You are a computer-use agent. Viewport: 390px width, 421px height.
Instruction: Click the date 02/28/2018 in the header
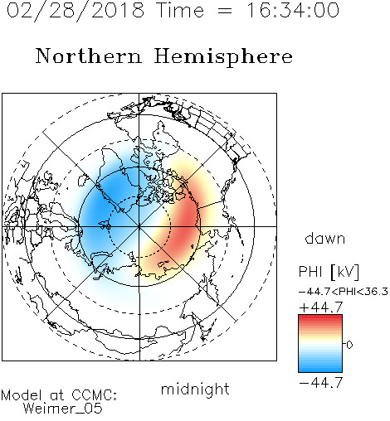pyautogui.click(x=76, y=11)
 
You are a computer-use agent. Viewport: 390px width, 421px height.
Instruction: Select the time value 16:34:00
pyautogui.click(x=293, y=10)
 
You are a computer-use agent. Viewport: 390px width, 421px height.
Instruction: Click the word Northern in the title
pyautogui.click(x=89, y=56)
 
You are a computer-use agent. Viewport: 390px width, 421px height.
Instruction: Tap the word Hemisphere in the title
pyautogui.click(x=223, y=57)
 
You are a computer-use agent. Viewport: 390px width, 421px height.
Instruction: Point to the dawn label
pyautogui.click(x=325, y=238)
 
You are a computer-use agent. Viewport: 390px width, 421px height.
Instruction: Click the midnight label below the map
pyautogui.click(x=195, y=389)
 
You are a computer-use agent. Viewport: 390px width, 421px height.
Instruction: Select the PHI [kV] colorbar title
pyautogui.click(x=329, y=272)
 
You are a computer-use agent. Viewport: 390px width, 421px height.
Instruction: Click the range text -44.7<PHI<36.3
pyautogui.click(x=344, y=292)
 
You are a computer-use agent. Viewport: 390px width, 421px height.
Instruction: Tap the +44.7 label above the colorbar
pyautogui.click(x=321, y=307)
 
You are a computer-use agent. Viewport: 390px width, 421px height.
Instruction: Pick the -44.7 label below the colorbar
pyautogui.click(x=321, y=383)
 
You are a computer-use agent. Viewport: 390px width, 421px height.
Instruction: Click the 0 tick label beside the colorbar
pyautogui.click(x=349, y=345)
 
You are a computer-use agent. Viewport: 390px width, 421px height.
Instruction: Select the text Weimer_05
pyautogui.click(x=63, y=409)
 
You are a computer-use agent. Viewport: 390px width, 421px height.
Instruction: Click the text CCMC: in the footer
pyautogui.click(x=95, y=395)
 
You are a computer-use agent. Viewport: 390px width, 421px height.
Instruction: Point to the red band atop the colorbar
pyautogui.click(x=320, y=319)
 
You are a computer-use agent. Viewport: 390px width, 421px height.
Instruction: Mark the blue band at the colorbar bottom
pyautogui.click(x=320, y=369)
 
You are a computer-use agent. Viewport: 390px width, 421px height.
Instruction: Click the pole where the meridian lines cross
pyautogui.click(x=139, y=226)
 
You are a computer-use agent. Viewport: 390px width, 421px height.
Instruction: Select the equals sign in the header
pyautogui.click(x=225, y=11)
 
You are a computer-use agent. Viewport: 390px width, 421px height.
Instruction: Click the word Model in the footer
pyautogui.click(x=22, y=395)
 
